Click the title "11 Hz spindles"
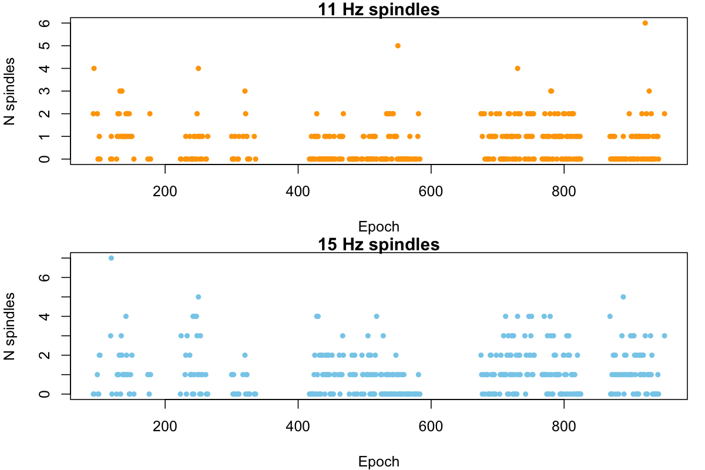pyautogui.click(x=378, y=9)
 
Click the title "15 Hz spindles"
pyautogui.click(x=378, y=244)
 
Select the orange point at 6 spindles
pyautogui.click(x=645, y=23)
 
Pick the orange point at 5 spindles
pyautogui.click(x=398, y=46)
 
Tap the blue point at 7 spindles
pyautogui.click(x=111, y=258)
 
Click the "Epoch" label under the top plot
pyautogui.click(x=378, y=227)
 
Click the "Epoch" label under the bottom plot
pyautogui.click(x=378, y=462)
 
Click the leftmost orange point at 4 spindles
pyautogui.click(x=93, y=68)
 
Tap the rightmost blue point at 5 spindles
pyautogui.click(x=623, y=297)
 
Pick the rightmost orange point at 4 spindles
pyautogui.click(x=518, y=68)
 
